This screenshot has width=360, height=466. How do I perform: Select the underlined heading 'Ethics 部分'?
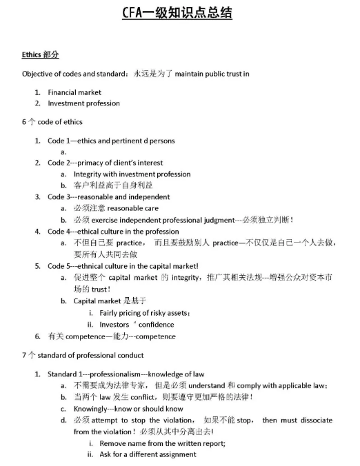point(41,54)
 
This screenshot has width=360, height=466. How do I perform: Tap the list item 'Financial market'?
point(74,92)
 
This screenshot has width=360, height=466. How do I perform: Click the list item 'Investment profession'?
point(83,103)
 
